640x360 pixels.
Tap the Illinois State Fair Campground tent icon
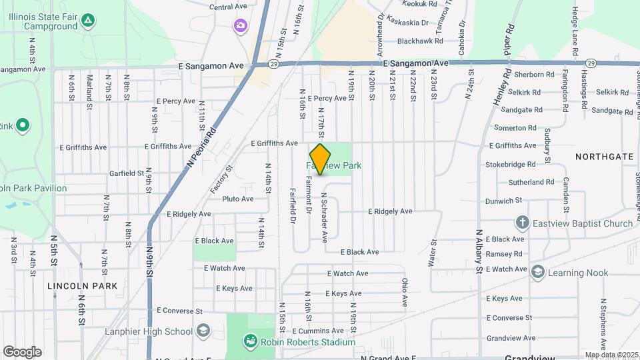click(88, 19)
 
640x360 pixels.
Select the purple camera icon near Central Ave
click(240, 26)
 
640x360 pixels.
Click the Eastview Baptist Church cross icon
click(522, 223)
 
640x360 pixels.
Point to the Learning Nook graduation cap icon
click(537, 272)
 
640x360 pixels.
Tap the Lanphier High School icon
click(203, 331)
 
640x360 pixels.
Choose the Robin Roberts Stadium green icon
click(251, 342)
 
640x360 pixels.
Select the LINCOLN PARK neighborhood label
click(83, 285)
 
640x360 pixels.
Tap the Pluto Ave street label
click(238, 199)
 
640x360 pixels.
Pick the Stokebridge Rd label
click(511, 164)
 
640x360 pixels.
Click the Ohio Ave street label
click(405, 292)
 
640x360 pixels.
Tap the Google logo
click(22, 352)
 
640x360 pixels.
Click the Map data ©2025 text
click(611, 355)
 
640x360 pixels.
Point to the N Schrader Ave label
click(325, 217)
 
